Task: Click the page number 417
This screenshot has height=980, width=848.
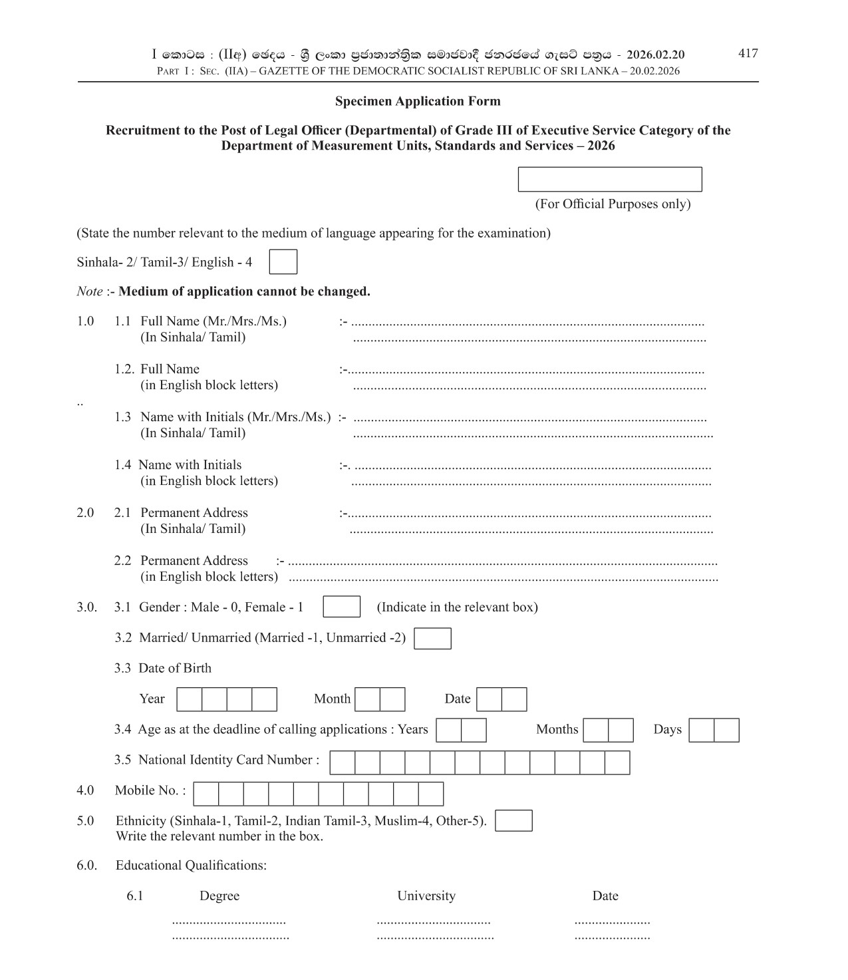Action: tap(748, 53)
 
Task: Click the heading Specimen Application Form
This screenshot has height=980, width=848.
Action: tap(418, 101)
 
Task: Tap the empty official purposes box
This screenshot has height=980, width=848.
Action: tap(609, 180)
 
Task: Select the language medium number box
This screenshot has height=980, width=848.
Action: tap(283, 261)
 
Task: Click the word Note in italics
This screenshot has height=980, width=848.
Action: tap(89, 291)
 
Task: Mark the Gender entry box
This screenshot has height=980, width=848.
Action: tap(341, 607)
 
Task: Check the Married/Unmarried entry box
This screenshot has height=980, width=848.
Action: tap(432, 638)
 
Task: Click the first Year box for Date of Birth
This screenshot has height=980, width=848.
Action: tap(189, 699)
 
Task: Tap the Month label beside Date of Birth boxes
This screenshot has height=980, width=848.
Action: tap(332, 699)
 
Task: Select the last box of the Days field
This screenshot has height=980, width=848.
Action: tap(726, 730)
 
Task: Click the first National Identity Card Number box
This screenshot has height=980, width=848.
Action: tap(342, 762)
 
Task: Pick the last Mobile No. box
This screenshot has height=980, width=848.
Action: tap(430, 794)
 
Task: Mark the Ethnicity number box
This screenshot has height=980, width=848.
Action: tap(513, 820)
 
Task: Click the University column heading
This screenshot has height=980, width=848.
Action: tap(426, 896)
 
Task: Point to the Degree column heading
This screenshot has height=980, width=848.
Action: tap(219, 896)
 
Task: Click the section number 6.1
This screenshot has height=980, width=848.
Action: tap(134, 896)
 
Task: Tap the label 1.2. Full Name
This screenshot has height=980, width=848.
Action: tap(157, 369)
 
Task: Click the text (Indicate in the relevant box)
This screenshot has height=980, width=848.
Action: tap(457, 607)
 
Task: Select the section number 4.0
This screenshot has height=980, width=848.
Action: tap(85, 790)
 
